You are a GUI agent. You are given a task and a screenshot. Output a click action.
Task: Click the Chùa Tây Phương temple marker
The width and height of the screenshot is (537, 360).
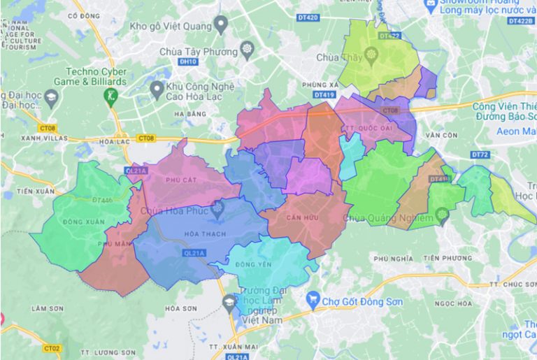(246, 50)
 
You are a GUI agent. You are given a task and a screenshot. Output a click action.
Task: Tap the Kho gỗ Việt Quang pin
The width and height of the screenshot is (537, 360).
(221, 27)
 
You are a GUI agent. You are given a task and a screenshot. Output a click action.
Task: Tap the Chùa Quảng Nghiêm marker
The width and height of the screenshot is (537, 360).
(442, 217)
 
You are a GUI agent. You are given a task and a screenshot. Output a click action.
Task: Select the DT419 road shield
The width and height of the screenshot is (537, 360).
(324, 94)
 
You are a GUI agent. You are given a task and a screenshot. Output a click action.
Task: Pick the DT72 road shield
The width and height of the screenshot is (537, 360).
(480, 153)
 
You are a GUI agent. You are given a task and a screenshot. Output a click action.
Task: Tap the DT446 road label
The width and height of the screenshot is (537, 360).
(102, 201)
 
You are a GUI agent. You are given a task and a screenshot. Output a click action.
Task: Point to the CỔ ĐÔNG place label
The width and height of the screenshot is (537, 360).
(82, 15)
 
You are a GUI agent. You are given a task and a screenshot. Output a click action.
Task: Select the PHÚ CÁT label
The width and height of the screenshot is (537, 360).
(178, 180)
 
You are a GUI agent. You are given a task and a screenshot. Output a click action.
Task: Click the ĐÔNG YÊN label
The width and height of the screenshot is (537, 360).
(251, 264)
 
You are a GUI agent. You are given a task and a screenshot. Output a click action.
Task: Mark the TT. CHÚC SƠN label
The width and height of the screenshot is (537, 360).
(508, 285)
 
